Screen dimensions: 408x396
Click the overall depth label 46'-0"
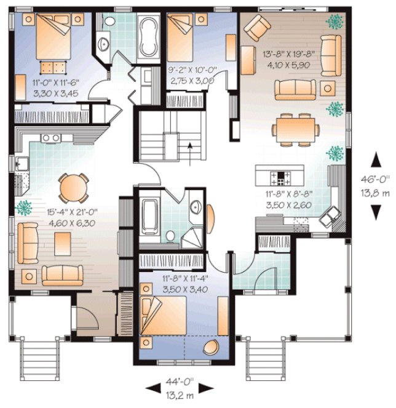pyautogui.click(x=374, y=179)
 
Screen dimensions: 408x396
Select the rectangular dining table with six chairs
pyautogui.click(x=296, y=129)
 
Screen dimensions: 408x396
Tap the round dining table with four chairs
pyautogui.click(x=73, y=186)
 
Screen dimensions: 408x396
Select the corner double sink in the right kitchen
pyautogui.click(x=334, y=213)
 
